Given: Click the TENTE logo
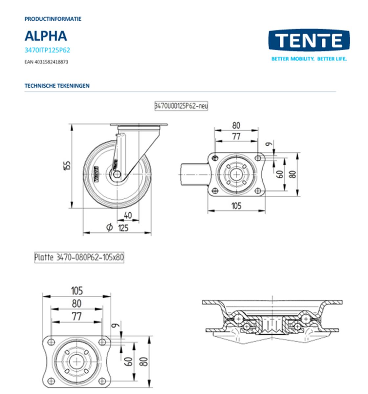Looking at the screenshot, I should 309,40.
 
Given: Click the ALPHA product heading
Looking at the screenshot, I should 46,36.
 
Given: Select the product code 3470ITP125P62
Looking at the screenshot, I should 47,50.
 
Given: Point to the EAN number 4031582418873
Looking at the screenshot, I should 46,61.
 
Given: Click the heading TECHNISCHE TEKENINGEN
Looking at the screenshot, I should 57,86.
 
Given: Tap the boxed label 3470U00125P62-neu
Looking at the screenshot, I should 181,106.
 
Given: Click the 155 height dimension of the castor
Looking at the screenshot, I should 67,166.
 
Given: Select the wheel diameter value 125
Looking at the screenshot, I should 123,228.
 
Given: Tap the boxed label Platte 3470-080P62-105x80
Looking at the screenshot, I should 79,257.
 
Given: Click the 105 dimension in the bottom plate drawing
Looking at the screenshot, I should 77,291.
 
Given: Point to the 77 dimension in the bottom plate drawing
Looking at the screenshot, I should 76,317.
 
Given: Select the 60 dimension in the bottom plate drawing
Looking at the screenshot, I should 129,361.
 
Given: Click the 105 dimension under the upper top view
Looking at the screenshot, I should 236,206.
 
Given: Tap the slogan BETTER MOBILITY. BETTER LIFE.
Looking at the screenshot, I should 309,59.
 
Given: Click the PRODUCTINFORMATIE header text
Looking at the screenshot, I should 53,19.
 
